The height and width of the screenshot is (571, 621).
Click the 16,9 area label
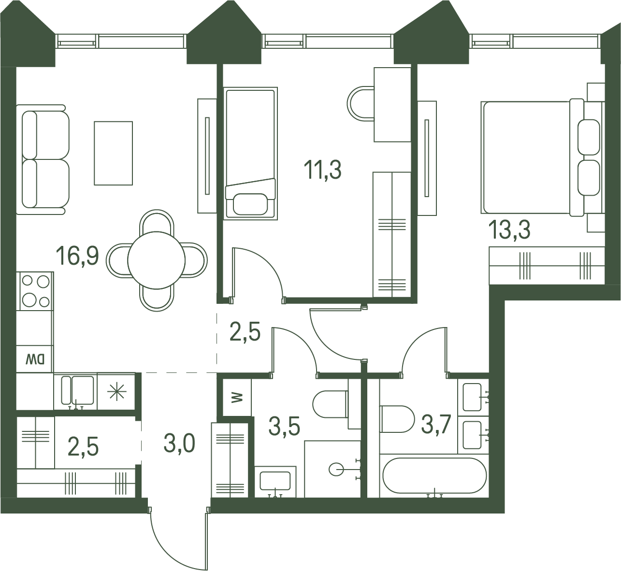coord(77,256)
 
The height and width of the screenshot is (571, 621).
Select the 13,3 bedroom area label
coord(509,229)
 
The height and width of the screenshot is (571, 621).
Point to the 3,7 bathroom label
coord(435,426)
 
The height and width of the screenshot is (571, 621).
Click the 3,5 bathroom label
coord(284,427)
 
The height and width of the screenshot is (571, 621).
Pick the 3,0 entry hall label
coord(179,443)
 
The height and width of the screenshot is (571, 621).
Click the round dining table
coord(156,260)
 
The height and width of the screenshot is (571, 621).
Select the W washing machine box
coord(237,398)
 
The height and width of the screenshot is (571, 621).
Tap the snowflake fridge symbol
coord(116,391)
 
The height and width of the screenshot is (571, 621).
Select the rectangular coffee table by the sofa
coord(113,153)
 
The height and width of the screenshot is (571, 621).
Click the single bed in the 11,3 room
coord(250,153)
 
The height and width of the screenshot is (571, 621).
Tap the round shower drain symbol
coord(336,469)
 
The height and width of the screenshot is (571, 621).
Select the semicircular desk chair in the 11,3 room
coord(361,103)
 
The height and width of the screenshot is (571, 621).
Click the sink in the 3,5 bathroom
coord(275,481)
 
